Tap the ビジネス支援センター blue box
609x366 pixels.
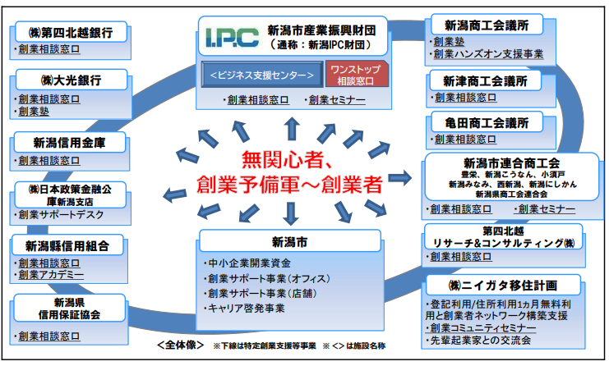pos(262,75)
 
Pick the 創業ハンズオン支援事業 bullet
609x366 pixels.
pos(488,55)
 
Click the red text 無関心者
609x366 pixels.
pos(288,158)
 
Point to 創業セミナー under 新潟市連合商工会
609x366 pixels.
pos(545,209)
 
